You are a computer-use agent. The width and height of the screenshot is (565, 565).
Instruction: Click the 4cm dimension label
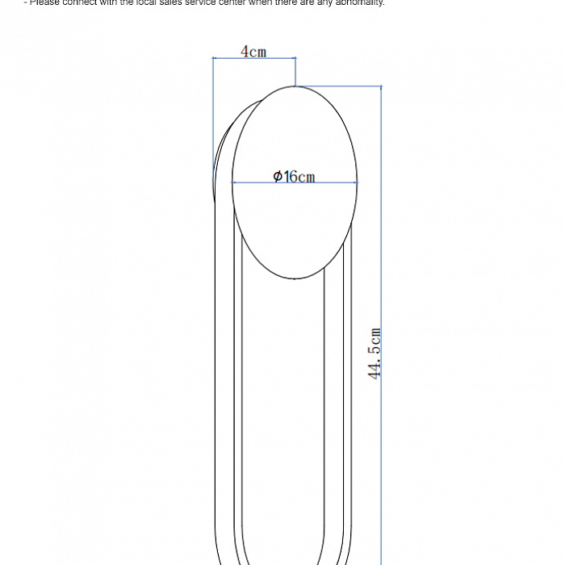pos(253,52)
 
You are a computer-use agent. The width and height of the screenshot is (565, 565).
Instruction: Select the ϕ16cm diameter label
pos(294,176)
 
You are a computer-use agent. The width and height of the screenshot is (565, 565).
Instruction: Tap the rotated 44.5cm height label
pos(375,354)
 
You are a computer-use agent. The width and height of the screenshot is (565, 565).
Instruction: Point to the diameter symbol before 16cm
pos(278,176)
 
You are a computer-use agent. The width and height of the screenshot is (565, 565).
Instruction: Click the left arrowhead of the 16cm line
pos(233,182)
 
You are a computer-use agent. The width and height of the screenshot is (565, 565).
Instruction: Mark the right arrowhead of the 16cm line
pos(356,182)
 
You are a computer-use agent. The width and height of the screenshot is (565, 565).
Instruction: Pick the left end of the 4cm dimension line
pos(213,58)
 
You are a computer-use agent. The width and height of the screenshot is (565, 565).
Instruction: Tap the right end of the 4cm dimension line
pos(295,58)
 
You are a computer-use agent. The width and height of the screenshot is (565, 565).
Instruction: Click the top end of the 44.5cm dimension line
pos(381,86)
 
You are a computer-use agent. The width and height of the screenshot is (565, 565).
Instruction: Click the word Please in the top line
pos(44,2)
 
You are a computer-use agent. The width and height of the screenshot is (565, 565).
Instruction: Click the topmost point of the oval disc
pos(295,86)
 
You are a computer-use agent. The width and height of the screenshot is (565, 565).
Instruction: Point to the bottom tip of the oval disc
pos(295,278)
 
